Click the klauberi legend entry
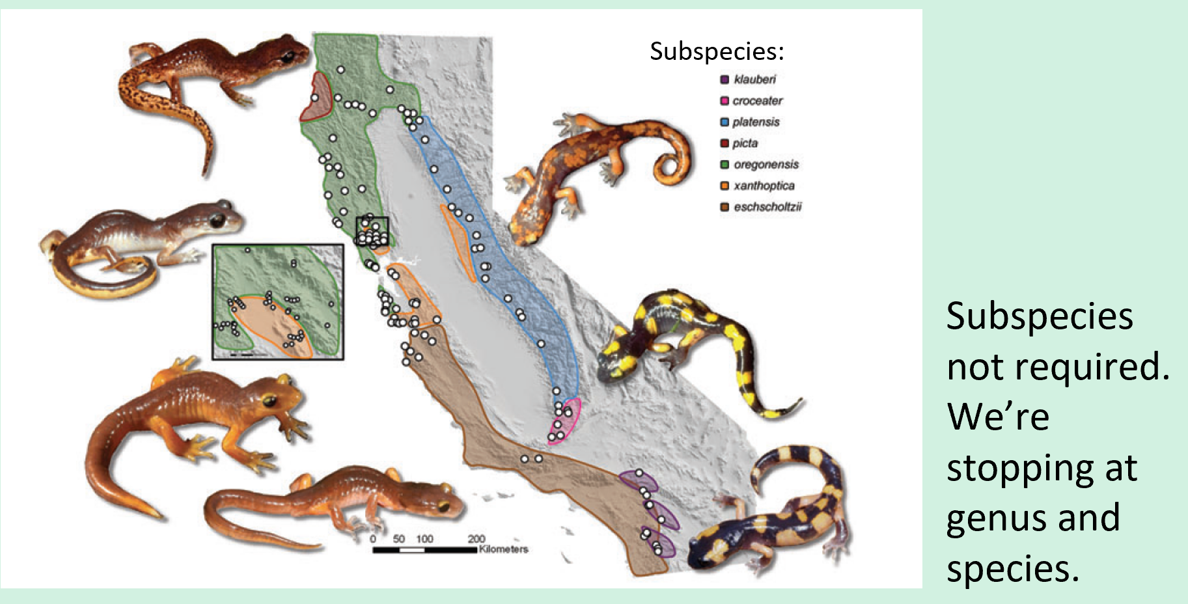pos(754,79)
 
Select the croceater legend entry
pos(757,101)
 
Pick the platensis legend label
pos(755,122)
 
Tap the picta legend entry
pos(745,143)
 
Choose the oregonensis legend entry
pos(766,165)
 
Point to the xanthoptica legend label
pos(764,185)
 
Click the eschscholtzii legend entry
pos(767,207)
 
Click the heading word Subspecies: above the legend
pos(717,51)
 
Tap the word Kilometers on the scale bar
pos(503,549)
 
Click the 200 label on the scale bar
pos(476,539)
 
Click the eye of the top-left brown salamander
pos(287,57)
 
